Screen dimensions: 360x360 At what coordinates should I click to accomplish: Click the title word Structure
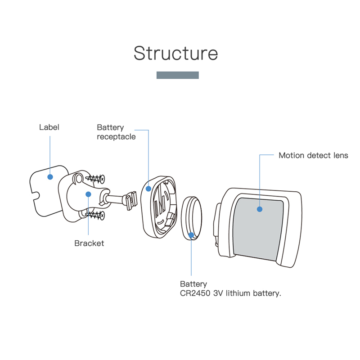[x=175, y=53]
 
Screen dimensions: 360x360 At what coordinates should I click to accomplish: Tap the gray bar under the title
[x=177, y=75]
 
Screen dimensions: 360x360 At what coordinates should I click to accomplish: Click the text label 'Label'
[x=49, y=127]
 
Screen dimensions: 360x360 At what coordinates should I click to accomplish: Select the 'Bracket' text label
[x=89, y=243]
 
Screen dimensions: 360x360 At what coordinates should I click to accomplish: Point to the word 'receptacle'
[x=116, y=137]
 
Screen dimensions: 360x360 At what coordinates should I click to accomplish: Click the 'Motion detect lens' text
[x=313, y=155]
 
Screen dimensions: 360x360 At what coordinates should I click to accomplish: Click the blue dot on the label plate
[x=50, y=177]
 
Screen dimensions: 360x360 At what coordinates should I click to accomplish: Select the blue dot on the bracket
[x=89, y=194]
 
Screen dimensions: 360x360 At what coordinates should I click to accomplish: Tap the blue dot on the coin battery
[x=191, y=234]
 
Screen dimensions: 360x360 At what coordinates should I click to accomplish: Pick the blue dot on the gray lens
[x=260, y=209]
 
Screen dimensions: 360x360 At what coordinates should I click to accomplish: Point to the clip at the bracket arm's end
[x=130, y=200]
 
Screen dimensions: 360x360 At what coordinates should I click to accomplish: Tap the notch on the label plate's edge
[x=35, y=195]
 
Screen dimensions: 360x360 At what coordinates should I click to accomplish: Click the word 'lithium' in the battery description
[x=239, y=293]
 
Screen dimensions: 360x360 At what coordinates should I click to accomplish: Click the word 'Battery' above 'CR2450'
[x=193, y=284]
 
